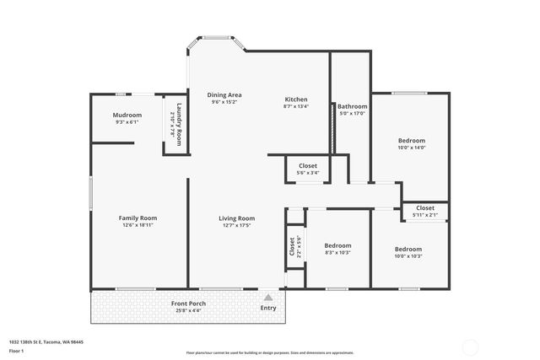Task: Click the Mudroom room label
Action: (x=127, y=115)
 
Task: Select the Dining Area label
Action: (x=224, y=95)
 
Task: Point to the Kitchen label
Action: (x=295, y=99)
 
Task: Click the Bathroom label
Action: (x=352, y=106)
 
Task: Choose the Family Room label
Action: (x=138, y=218)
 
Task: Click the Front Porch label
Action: (x=188, y=304)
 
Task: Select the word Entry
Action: (x=268, y=308)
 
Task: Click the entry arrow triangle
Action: (x=268, y=297)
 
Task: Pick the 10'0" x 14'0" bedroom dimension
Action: (x=412, y=148)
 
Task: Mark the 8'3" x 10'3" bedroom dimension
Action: (x=337, y=252)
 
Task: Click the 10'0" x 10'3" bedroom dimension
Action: (x=408, y=256)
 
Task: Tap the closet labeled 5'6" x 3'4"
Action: (x=307, y=173)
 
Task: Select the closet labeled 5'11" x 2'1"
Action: (x=424, y=214)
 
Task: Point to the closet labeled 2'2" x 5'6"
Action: (x=293, y=247)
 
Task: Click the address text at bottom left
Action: (x=46, y=341)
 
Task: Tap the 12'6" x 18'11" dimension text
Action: (x=138, y=225)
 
